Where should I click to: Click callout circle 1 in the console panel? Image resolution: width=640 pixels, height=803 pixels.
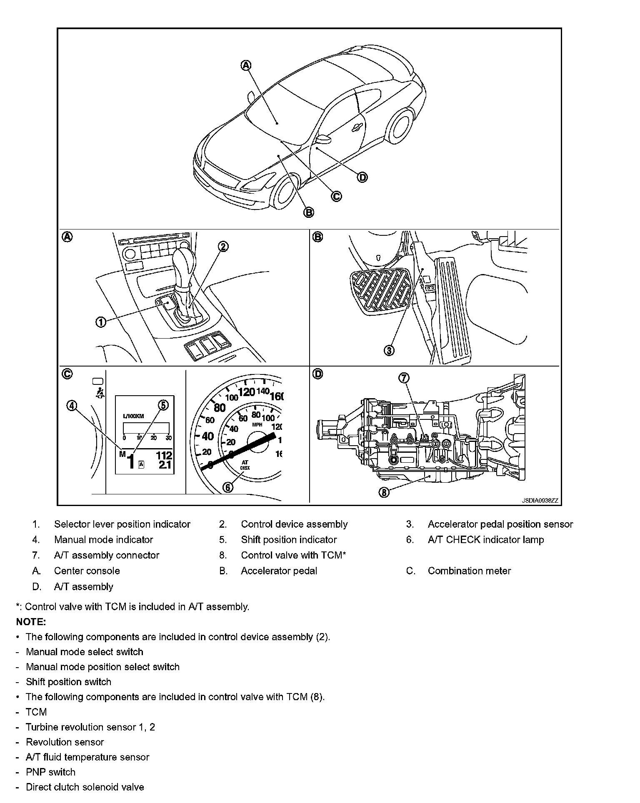coord(101,322)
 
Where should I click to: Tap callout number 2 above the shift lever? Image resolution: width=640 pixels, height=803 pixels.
coord(223,247)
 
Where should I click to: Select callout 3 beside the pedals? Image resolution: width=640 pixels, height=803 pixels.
coord(389,351)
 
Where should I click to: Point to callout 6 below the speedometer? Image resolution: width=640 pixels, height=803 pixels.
coord(228,487)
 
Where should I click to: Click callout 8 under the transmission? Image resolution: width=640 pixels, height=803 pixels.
coord(384,493)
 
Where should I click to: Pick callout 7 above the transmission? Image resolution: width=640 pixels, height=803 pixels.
coord(404,378)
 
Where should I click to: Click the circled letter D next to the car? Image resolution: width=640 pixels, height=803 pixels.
coord(362,177)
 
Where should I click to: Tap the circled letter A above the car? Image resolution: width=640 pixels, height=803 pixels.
coord(246,65)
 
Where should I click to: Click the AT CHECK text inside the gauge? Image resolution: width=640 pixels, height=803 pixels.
coord(245,465)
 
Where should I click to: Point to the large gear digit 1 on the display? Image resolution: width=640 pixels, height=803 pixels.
coord(131,462)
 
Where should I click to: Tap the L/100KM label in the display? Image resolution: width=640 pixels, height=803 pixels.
coord(133,416)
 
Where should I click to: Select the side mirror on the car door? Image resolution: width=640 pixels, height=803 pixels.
coord(323,139)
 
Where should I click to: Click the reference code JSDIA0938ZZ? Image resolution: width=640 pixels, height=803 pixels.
coord(540,501)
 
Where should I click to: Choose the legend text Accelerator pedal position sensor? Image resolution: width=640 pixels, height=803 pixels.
coord(500,524)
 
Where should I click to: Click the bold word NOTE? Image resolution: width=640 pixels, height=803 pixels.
coord(31,622)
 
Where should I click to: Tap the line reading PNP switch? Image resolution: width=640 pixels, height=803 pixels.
coord(50,772)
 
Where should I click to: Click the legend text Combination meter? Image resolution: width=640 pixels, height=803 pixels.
coord(469,571)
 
